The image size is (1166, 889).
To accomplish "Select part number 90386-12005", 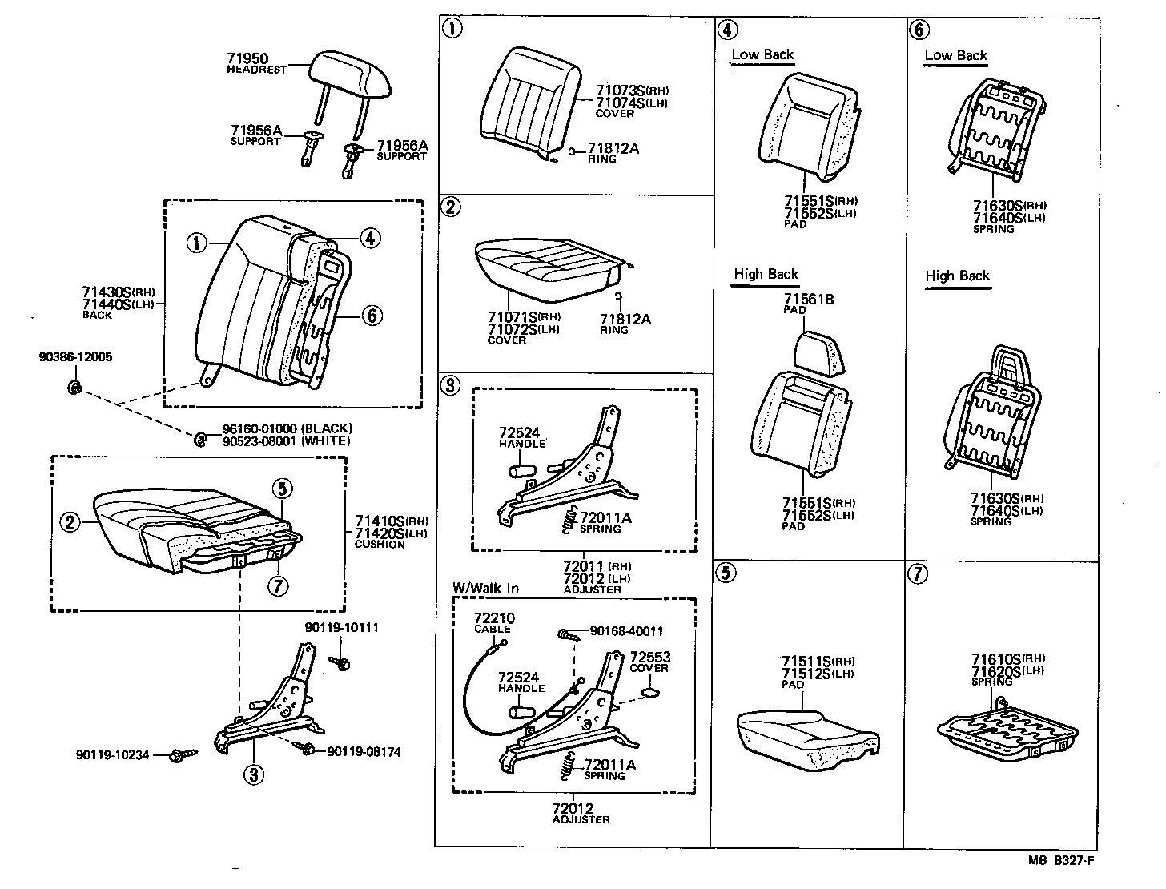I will click(x=75, y=357).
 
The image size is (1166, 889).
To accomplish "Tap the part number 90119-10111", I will click(x=342, y=627).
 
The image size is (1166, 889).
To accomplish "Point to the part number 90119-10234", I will click(x=113, y=755).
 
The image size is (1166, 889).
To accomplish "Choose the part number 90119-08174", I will click(x=364, y=752).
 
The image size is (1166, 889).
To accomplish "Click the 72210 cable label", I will click(x=494, y=619).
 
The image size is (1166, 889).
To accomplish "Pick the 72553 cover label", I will click(x=649, y=658).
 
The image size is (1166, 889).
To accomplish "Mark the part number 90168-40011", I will click(x=626, y=632).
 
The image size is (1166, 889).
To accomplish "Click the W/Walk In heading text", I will click(x=485, y=589).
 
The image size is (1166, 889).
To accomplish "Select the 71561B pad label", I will click(x=808, y=300).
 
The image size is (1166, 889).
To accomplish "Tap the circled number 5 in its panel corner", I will click(x=726, y=573).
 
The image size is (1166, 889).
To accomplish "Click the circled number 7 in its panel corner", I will click(x=919, y=573).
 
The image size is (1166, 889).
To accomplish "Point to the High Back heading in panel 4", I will click(x=766, y=275).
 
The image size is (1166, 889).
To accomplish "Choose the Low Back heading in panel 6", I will click(x=955, y=55).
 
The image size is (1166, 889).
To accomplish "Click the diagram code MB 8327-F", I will click(x=1061, y=861).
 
